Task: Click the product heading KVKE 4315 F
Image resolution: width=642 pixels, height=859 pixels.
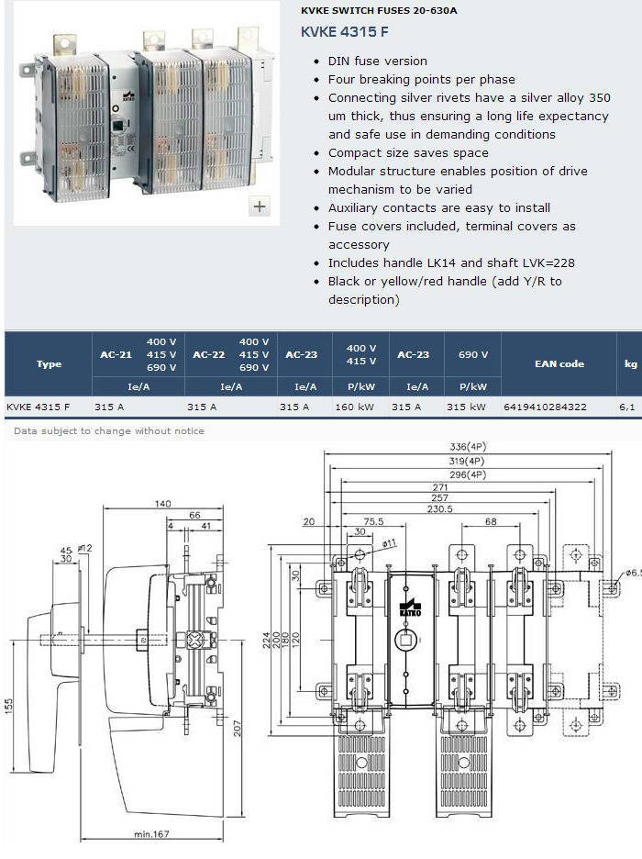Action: [x=344, y=32]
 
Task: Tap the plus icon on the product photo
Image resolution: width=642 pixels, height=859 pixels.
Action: [x=260, y=206]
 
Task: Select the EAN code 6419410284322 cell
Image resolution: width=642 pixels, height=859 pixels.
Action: [x=545, y=407]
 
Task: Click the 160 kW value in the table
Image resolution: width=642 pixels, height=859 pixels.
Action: [x=355, y=407]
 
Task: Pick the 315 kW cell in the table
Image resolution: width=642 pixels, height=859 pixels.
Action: [x=466, y=407]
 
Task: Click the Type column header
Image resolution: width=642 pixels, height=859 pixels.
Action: [x=49, y=363]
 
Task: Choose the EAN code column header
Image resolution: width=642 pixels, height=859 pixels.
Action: [x=559, y=363]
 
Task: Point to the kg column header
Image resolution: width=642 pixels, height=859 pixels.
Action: [x=630, y=363]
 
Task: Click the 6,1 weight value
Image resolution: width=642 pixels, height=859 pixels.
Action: [x=627, y=407]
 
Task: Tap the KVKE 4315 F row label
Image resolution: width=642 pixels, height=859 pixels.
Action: [x=39, y=407]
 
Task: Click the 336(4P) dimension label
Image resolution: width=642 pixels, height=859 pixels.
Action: [x=468, y=447]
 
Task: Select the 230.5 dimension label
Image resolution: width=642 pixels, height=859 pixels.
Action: [x=440, y=509]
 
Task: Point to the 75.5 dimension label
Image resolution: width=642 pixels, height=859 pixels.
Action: [x=374, y=521]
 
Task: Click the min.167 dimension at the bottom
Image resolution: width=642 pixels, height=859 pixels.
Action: [x=151, y=834]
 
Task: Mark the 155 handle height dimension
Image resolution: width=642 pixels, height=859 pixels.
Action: [x=9, y=706]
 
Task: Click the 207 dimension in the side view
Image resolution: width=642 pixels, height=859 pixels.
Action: [x=237, y=728]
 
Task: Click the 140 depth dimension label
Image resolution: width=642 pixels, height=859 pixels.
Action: [x=162, y=504]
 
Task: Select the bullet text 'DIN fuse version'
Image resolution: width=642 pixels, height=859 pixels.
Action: [x=378, y=61]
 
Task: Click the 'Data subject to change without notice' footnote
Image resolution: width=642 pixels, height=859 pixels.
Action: [x=109, y=431]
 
